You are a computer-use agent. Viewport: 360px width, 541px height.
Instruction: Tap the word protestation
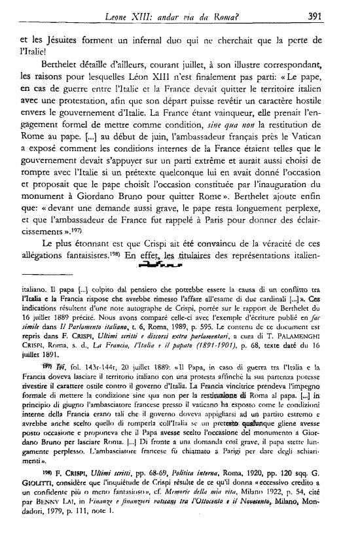click(x=92, y=138)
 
